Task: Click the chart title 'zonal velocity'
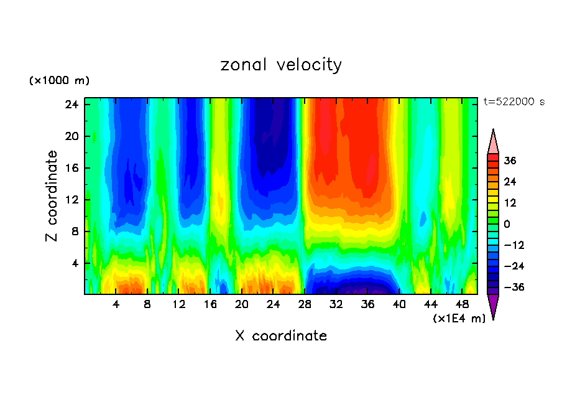pos(281,65)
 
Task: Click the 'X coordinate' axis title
pos(281,336)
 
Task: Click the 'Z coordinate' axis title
pos(52,196)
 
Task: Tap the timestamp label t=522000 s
pos(514,102)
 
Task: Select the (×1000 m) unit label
pos(59,81)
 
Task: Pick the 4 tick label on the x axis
pos(116,305)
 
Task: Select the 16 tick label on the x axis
pos(210,305)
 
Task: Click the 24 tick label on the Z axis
pos(71,105)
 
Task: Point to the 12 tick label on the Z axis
pos(71,200)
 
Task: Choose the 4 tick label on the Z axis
pos(75,263)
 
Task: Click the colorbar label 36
pos(510,161)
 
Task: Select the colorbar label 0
pos(507,224)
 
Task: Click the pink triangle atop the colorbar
pos(493,142)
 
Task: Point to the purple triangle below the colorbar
pos(493,306)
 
